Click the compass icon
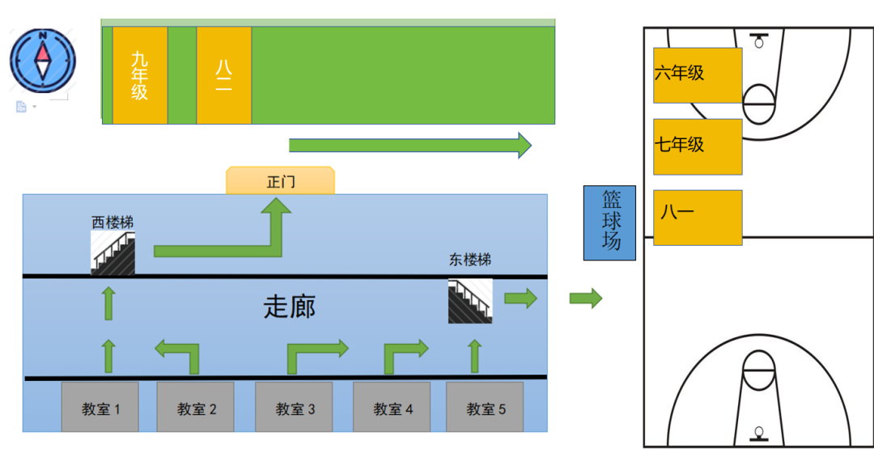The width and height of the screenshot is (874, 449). pos(42,61)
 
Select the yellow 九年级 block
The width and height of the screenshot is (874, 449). pos(140,75)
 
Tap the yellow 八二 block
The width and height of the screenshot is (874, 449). pos(223,75)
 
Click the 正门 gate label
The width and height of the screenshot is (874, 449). pos(280,181)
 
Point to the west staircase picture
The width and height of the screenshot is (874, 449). pos(112,253)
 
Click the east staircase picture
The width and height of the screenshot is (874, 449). pos(470,301)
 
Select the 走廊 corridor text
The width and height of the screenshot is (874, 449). pos(289,307)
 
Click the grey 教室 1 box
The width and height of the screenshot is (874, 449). pos(100,407)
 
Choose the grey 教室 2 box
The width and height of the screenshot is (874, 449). pos(197,407)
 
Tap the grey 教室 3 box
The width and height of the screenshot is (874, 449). pos(295,407)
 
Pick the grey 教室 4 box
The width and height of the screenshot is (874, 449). pos(392,407)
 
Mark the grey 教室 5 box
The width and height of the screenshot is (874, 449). pos(486,407)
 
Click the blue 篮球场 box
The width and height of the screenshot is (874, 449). pos(609,222)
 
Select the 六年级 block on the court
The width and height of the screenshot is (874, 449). pos(698,75)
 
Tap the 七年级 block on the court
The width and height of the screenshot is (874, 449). pos(698,146)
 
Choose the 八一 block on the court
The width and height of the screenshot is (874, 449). pos(698,218)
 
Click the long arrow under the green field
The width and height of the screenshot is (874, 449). pos(409,145)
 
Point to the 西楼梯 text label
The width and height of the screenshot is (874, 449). pos(112,222)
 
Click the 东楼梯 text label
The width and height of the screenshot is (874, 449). pos(470,261)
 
